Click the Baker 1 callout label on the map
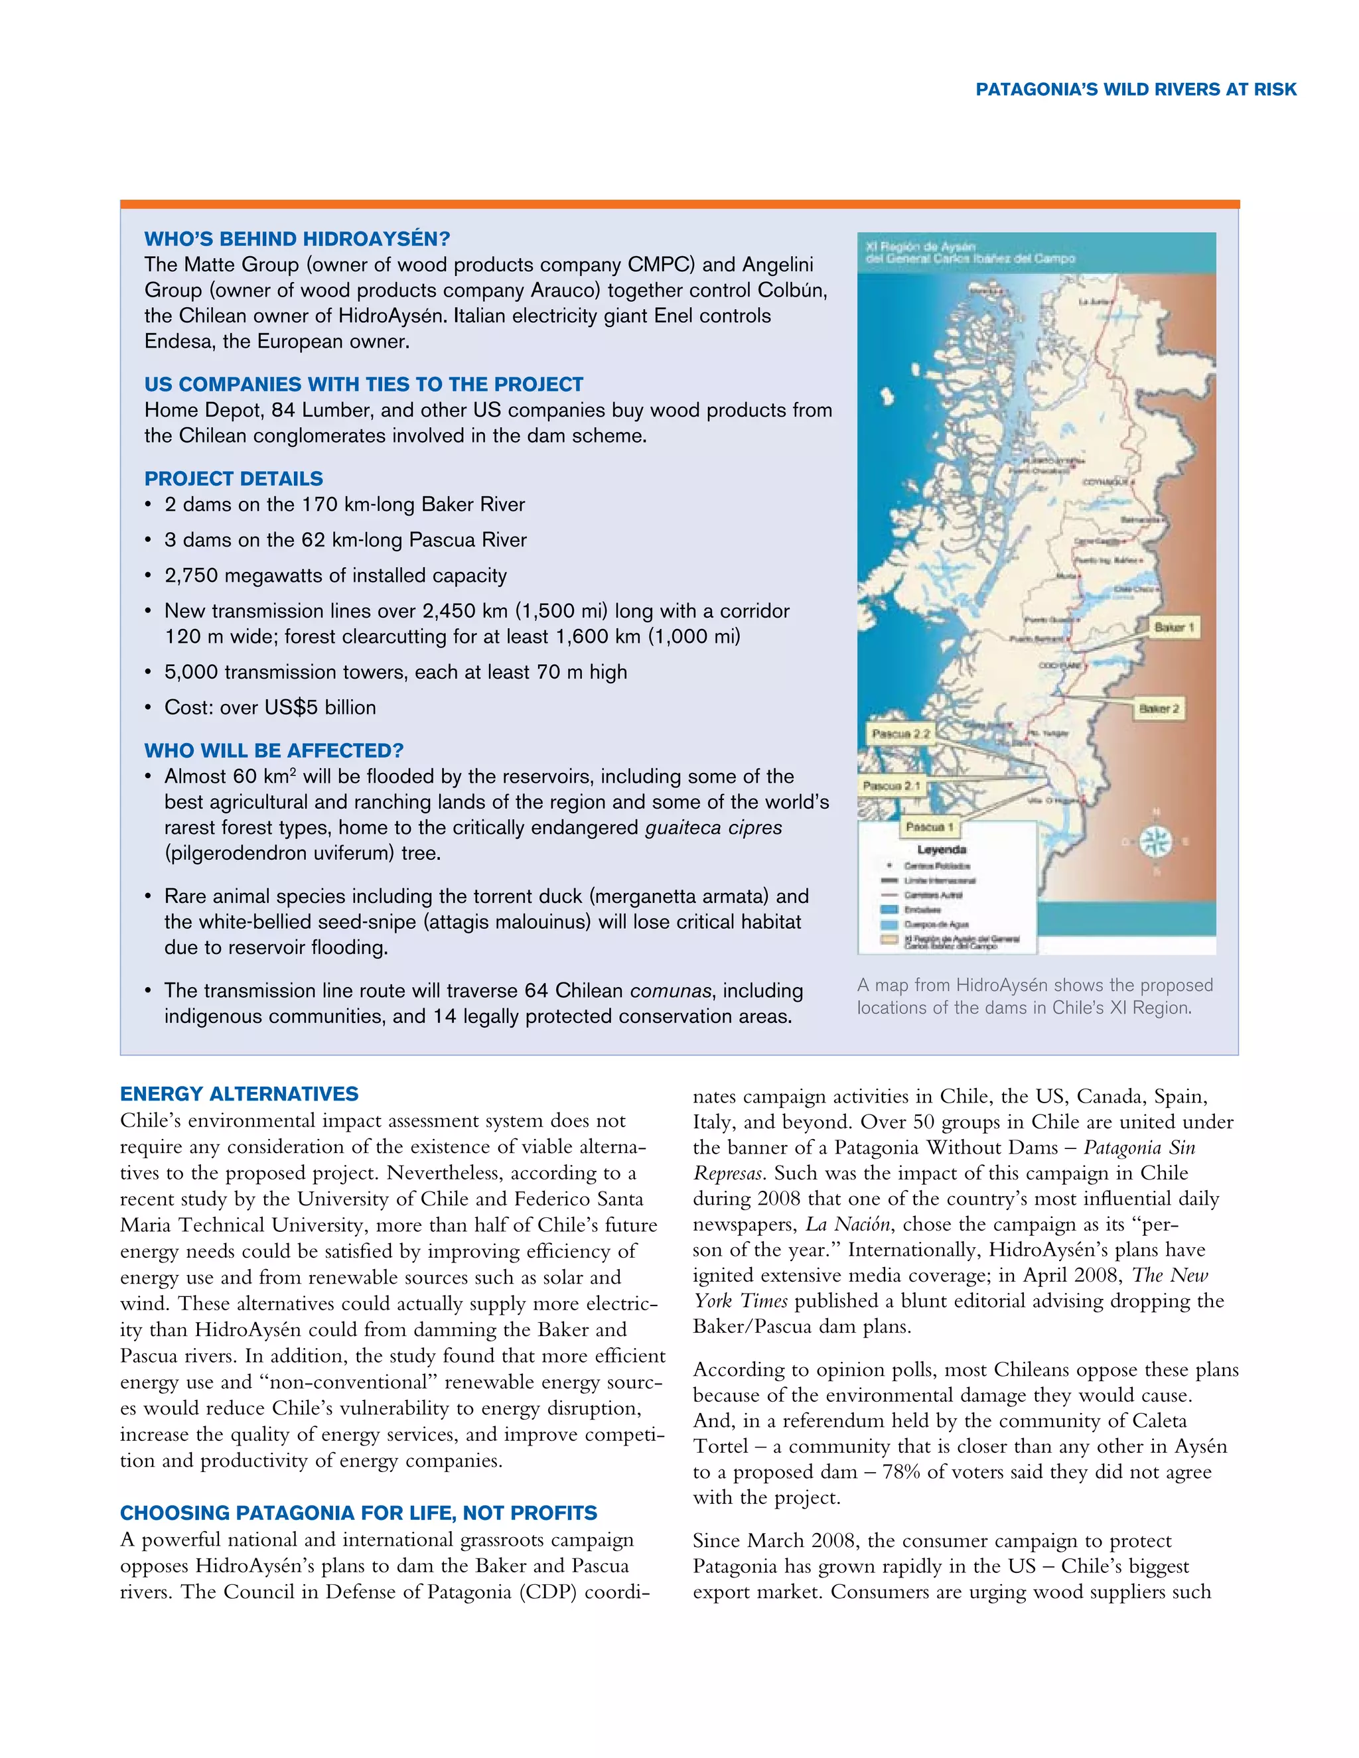(1174, 627)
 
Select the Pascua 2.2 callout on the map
(900, 733)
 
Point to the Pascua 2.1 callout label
(891, 785)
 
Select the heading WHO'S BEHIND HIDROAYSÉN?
(297, 239)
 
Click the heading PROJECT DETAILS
(234, 479)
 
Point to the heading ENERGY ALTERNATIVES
(239, 1094)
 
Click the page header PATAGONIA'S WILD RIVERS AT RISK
(1135, 90)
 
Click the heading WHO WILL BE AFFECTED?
(274, 751)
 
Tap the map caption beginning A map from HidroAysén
(1034, 996)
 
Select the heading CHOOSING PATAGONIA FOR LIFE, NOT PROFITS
(358, 1513)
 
